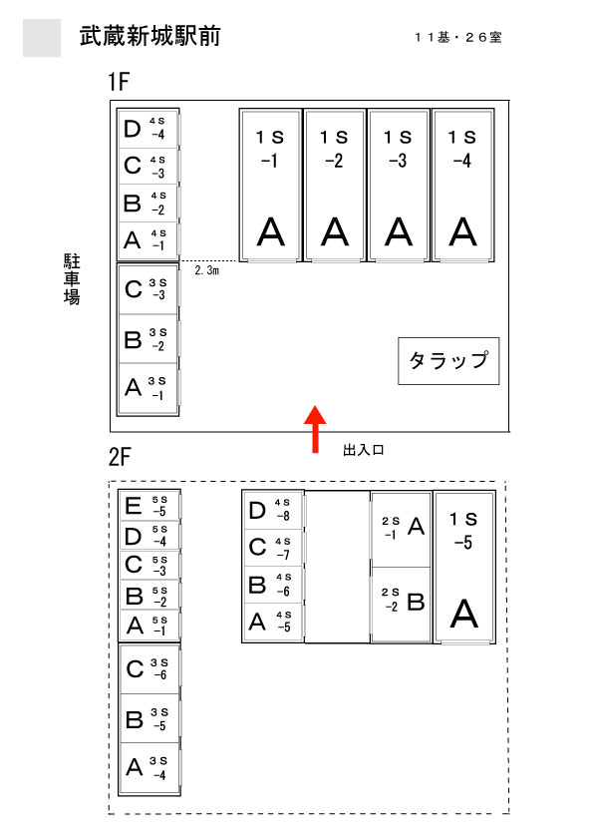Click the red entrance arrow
(315, 429)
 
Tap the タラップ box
(448, 360)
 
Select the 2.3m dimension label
(206, 270)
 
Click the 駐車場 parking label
(72, 279)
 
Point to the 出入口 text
(364, 450)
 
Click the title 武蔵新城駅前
(149, 36)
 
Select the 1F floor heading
(119, 82)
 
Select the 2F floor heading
(119, 457)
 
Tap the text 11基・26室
(458, 37)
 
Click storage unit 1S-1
(271, 186)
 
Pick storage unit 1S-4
(463, 186)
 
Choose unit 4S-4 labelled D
(148, 129)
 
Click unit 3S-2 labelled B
(148, 338)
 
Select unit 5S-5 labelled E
(149, 506)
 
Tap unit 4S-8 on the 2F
(273, 511)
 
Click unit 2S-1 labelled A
(402, 530)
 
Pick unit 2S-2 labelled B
(402, 604)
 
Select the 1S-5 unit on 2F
(464, 567)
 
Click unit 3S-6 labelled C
(149, 669)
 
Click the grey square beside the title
(42, 38)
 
